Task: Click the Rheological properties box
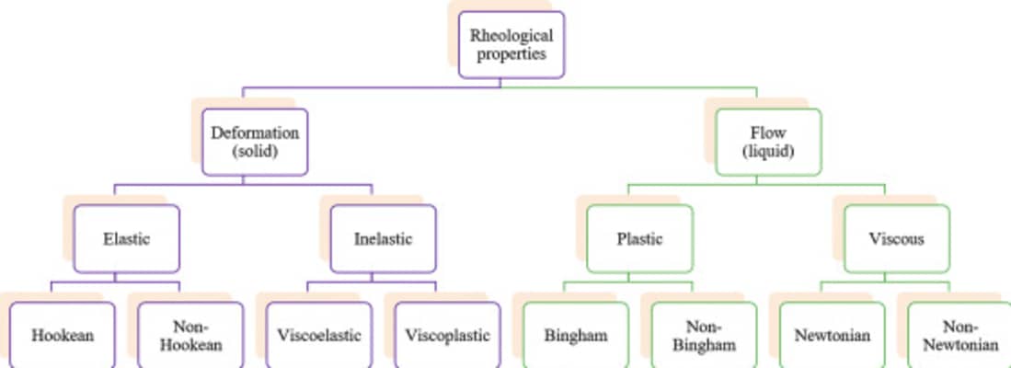tap(511, 45)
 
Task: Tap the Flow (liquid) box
tap(767, 141)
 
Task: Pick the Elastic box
tap(126, 238)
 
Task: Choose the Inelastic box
tap(383, 238)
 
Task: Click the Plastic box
tap(639, 238)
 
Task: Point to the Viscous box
tap(896, 238)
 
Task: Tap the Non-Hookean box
tap(190, 335)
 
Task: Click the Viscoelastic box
tap(318, 335)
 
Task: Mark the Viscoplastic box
tap(447, 335)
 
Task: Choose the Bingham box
tap(575, 335)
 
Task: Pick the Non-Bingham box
tap(704, 335)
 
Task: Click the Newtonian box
tap(832, 335)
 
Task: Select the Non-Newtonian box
tap(960, 335)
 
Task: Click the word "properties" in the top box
tap(511, 54)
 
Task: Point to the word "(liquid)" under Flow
tap(767, 151)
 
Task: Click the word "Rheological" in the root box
tap(511, 36)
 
